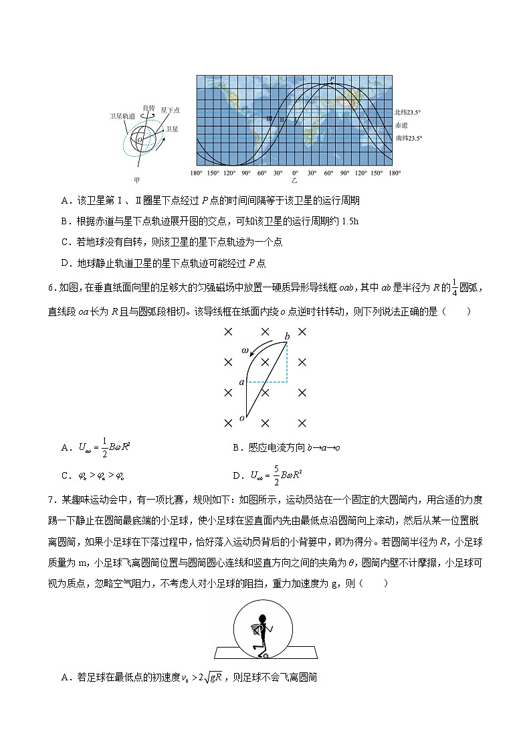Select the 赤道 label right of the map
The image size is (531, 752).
tap(401, 125)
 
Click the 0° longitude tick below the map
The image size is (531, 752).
tap(295, 173)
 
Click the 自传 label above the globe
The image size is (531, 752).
tap(148, 107)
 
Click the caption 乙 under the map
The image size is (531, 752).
tap(295, 180)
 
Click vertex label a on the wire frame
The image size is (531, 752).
tap(242, 382)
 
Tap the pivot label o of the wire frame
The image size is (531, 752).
tap(241, 418)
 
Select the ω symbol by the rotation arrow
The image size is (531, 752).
tap(245, 351)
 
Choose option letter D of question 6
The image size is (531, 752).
tap(236, 476)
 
